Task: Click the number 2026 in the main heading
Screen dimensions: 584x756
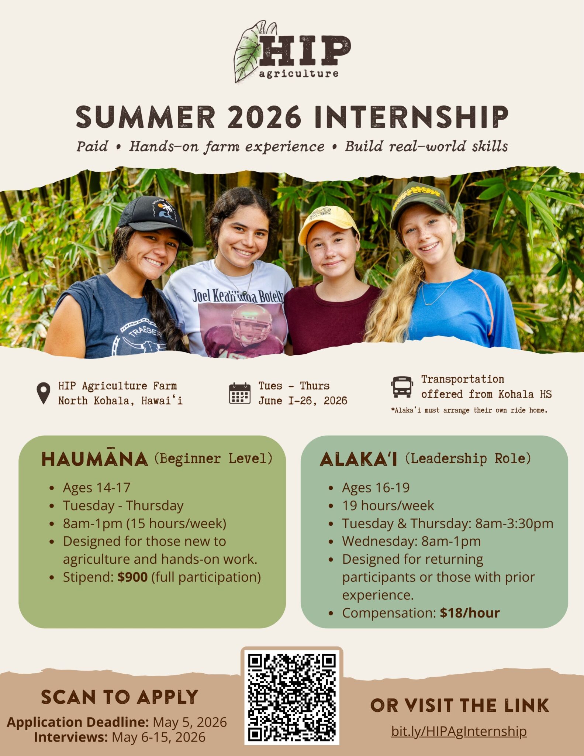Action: tap(264, 117)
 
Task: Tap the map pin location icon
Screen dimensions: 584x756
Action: tap(44, 394)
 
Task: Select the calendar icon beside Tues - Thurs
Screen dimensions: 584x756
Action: tap(239, 394)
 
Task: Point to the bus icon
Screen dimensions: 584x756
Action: tap(402, 387)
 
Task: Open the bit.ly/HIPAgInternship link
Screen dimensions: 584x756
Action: tap(459, 731)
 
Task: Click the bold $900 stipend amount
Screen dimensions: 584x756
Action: tap(132, 577)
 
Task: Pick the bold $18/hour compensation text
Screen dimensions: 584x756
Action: tap(470, 613)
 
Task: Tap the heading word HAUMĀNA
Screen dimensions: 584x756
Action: tap(94, 459)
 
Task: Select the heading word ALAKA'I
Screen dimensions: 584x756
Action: tap(358, 459)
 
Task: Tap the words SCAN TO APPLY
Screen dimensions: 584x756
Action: tap(120, 697)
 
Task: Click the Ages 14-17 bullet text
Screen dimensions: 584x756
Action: tap(97, 488)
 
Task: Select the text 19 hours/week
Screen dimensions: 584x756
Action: tap(388, 505)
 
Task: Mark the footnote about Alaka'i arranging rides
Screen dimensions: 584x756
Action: tap(469, 410)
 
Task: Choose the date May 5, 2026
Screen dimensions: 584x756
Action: tap(190, 722)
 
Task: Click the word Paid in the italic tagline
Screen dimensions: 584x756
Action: tap(92, 146)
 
